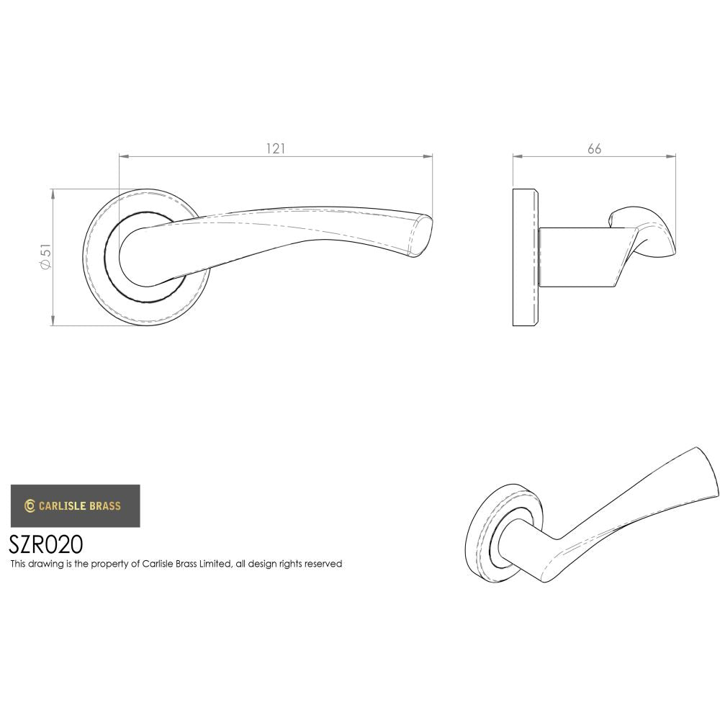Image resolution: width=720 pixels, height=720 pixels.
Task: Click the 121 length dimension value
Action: pos(276,149)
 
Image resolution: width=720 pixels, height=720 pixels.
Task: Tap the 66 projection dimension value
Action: pos(594,149)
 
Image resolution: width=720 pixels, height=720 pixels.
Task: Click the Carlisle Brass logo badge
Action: pos(75,505)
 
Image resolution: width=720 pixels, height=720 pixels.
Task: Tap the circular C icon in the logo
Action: pos(30,505)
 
